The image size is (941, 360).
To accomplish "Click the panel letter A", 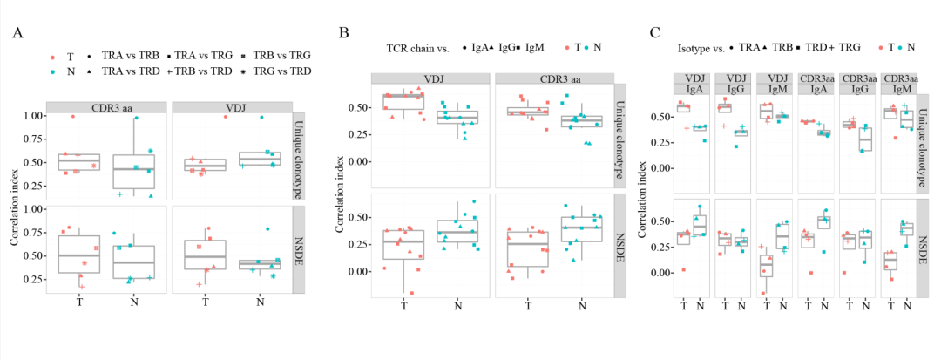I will pyautogui.click(x=18, y=34).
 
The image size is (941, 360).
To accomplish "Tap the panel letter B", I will pyautogui.click(x=344, y=34).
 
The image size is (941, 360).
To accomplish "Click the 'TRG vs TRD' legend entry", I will pyautogui.click(x=273, y=71).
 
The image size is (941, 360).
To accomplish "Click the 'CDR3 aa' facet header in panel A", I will pyautogui.click(x=104, y=107).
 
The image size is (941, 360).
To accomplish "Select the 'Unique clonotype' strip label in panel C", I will pyautogui.click(x=925, y=144).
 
